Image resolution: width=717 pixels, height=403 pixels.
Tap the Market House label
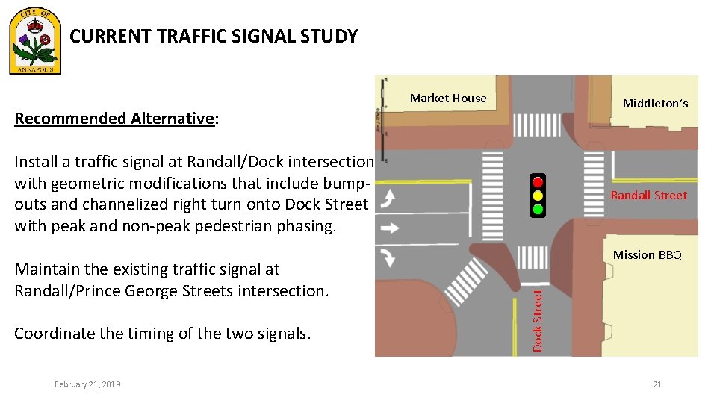click(448, 99)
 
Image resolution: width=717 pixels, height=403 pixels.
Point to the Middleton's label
click(655, 104)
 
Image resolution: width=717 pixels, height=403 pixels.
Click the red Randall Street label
click(648, 196)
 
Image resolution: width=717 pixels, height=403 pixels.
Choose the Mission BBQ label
click(647, 255)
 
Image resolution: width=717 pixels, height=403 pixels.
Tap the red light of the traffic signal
click(538, 182)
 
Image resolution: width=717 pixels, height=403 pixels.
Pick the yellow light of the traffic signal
click(538, 196)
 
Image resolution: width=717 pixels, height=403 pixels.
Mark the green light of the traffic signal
click(538, 209)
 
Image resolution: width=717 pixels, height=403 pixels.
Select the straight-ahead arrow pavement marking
click(390, 228)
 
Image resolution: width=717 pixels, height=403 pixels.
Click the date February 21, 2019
click(87, 384)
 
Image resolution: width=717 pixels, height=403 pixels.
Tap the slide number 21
click(657, 384)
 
